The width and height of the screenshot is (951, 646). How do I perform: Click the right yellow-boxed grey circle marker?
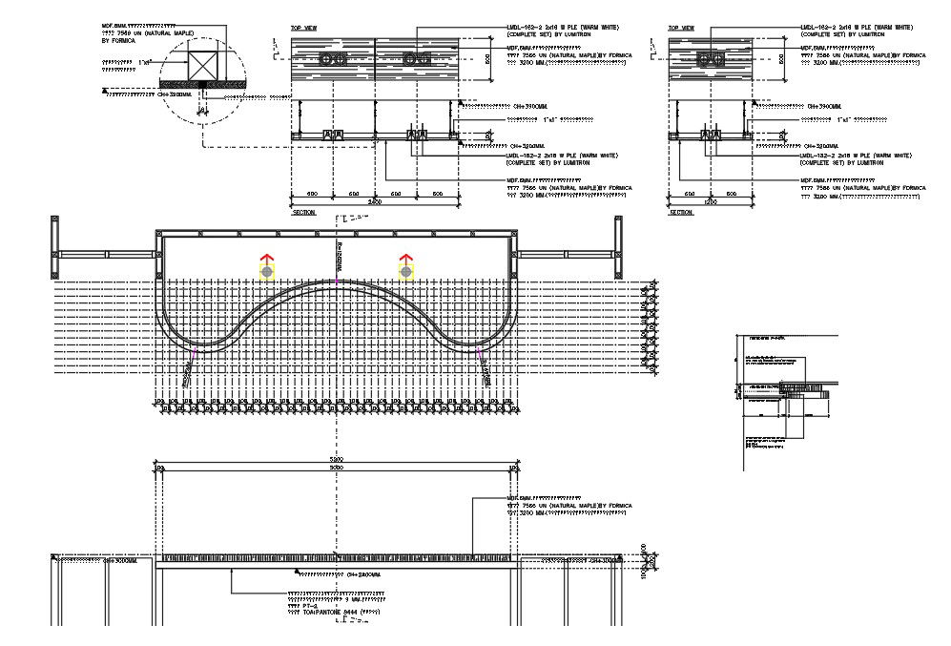pyautogui.click(x=406, y=273)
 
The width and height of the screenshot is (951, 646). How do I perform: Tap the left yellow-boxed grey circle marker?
pyautogui.click(x=266, y=273)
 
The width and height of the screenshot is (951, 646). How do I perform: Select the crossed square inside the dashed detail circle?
pyautogui.click(x=201, y=65)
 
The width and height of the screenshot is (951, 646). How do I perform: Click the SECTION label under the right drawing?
pyautogui.click(x=681, y=213)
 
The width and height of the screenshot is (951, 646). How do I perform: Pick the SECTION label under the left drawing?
pyautogui.click(x=303, y=213)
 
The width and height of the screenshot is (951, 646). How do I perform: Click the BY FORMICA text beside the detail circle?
pyautogui.click(x=119, y=41)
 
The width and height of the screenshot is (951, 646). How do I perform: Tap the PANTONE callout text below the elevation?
pyautogui.click(x=334, y=610)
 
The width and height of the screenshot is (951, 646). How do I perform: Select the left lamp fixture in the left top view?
pyautogui.click(x=332, y=59)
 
